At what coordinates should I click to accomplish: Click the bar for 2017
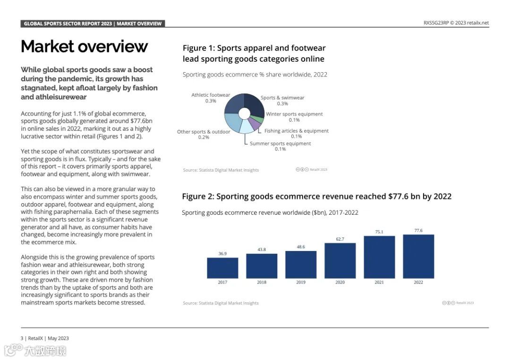(222, 268)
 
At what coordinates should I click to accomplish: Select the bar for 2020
(340, 260)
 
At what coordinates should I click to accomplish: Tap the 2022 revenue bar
(418, 256)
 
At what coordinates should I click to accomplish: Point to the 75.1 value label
(379, 232)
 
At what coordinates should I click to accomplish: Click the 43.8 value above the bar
(262, 249)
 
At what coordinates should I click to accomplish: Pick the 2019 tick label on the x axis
(301, 282)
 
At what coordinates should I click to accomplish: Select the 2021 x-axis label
(379, 282)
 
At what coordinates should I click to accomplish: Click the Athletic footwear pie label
(211, 95)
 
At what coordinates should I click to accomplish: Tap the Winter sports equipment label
(294, 114)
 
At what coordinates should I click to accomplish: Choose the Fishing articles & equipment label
(297, 131)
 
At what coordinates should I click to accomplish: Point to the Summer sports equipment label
(280, 143)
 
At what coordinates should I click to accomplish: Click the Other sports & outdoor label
(204, 132)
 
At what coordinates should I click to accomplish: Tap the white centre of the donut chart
(244, 113)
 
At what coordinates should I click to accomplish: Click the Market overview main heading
(84, 46)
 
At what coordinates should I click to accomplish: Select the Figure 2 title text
(316, 196)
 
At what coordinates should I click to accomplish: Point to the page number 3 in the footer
(22, 338)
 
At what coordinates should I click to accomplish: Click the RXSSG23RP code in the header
(435, 23)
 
